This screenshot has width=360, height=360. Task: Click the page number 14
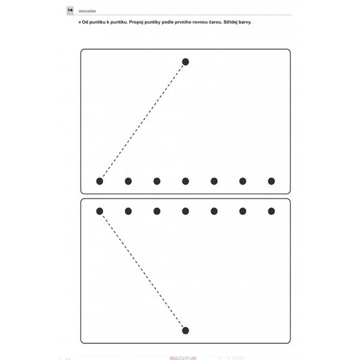(70, 10)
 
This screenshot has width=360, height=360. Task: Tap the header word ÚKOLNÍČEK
(87, 11)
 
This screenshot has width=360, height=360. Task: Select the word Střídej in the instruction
(231, 22)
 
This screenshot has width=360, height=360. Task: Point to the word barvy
(245, 22)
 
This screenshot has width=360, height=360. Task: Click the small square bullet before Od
(80, 22)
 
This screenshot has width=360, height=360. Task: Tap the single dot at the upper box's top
(185, 62)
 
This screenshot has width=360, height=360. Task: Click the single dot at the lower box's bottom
(185, 331)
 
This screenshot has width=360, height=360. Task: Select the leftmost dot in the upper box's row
(100, 181)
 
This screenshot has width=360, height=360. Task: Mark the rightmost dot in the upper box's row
(271, 181)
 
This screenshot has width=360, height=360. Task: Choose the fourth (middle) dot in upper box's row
(185, 181)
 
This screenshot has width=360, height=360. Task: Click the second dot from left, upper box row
(128, 181)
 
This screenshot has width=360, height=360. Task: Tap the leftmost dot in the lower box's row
(100, 211)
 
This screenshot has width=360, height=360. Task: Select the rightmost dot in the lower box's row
(271, 211)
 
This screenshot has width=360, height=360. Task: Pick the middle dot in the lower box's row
(185, 211)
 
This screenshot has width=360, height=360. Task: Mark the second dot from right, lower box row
(242, 211)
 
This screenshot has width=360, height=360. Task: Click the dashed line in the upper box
(143, 121)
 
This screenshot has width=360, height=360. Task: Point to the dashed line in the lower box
(143, 271)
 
